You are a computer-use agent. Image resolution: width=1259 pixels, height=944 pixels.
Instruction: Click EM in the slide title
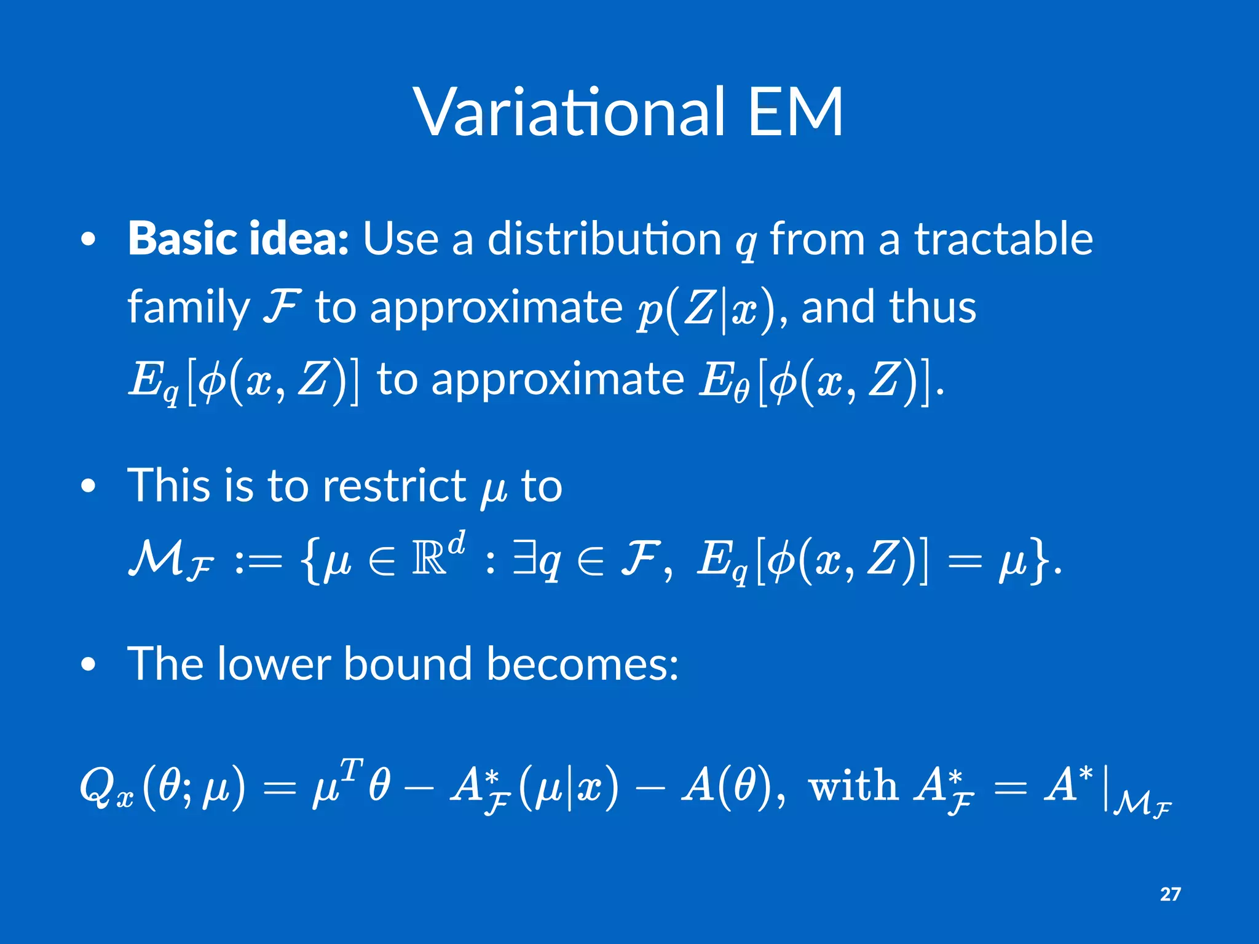(x=795, y=112)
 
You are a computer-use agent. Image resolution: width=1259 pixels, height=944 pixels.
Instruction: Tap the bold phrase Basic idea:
(x=239, y=238)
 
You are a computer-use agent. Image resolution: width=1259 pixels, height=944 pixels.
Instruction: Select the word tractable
(x=1003, y=238)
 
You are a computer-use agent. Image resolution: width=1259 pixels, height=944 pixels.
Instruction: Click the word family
(x=188, y=307)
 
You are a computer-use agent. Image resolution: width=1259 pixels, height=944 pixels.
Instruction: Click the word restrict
(x=394, y=486)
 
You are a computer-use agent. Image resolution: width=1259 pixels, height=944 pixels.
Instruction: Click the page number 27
(x=1170, y=894)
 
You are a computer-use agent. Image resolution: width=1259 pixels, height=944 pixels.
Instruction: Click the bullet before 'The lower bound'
(x=89, y=666)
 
